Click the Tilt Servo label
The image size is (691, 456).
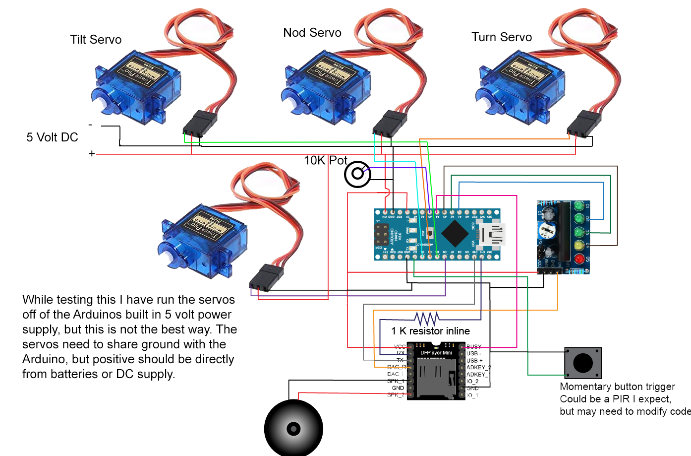click(x=96, y=40)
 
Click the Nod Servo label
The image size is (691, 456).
click(x=312, y=33)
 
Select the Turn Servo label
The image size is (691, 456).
click(x=502, y=37)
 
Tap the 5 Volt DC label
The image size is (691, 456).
click(x=52, y=137)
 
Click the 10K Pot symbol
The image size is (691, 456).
click(x=357, y=174)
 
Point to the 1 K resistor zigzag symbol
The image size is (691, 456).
click(x=426, y=318)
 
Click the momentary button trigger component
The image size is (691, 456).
click(x=583, y=363)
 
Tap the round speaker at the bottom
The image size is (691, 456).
click(x=293, y=428)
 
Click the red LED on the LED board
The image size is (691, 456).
click(x=578, y=259)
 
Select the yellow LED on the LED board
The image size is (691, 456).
click(x=578, y=245)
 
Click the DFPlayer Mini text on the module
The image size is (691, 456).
click(x=436, y=353)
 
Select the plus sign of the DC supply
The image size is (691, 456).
click(x=92, y=154)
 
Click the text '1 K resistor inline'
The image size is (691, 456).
click(x=430, y=331)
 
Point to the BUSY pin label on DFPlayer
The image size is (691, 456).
click(x=474, y=347)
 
